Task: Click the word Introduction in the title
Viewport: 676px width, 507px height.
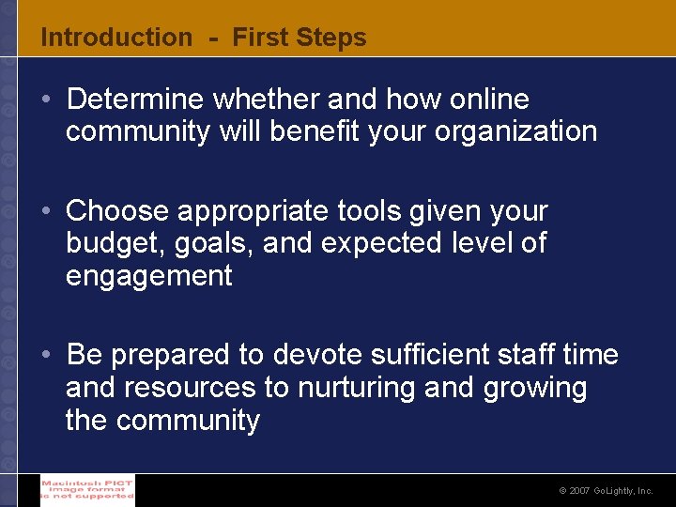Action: [x=115, y=38]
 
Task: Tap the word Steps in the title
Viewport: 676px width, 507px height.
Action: [x=330, y=38]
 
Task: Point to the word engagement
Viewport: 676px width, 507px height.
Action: [x=148, y=277]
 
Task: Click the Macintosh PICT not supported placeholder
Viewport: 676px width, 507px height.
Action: [x=87, y=489]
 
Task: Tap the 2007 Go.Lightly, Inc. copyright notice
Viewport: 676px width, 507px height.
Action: [x=606, y=491]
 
